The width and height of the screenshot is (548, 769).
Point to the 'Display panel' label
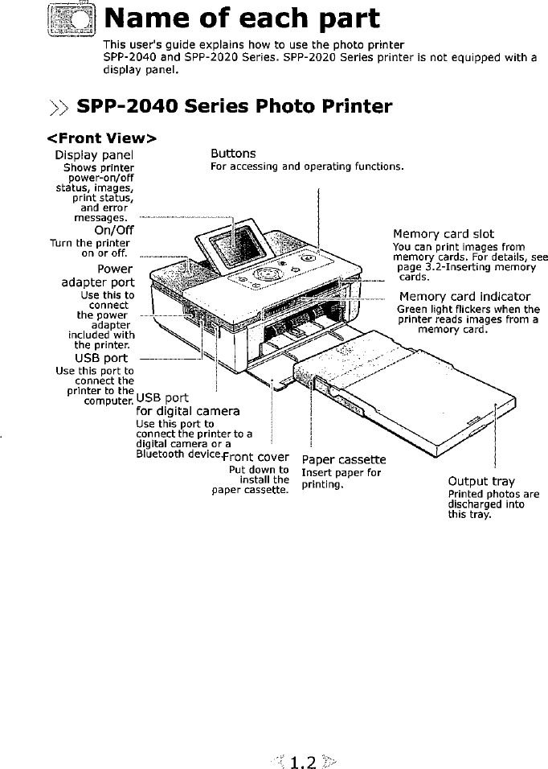(x=94, y=154)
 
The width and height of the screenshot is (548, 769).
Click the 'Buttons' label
(x=233, y=153)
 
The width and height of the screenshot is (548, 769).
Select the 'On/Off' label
(x=113, y=232)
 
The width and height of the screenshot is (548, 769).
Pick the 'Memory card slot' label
(x=443, y=234)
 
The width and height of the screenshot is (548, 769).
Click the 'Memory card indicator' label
(x=464, y=296)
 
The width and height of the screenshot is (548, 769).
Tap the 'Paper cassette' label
(x=343, y=459)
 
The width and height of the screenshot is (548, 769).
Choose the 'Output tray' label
(x=481, y=482)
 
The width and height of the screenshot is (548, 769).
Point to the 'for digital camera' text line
(x=188, y=411)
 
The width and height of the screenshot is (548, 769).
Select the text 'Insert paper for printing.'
(x=341, y=479)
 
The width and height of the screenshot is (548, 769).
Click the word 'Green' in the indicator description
(x=411, y=310)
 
